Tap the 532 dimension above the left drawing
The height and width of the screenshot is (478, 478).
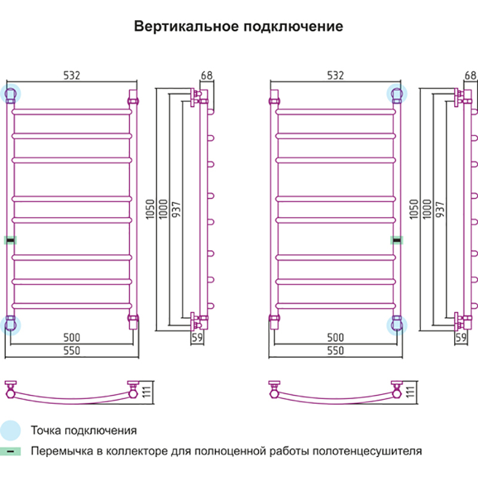pyautogui.click(x=71, y=75)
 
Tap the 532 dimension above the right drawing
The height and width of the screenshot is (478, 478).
pyautogui.click(x=335, y=75)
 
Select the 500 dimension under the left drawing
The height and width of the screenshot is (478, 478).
pyautogui.click(x=71, y=338)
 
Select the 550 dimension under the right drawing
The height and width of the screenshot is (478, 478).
pyautogui.click(x=335, y=351)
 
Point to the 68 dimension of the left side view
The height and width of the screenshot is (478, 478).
pyautogui.click(x=207, y=75)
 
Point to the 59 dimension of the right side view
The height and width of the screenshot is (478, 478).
pyautogui.click(x=461, y=338)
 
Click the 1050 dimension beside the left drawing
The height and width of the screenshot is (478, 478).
pyautogui.click(x=150, y=209)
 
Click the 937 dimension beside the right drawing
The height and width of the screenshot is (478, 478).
pyautogui.click(x=440, y=209)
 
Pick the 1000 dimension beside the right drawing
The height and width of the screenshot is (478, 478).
pyautogui.click(x=426, y=209)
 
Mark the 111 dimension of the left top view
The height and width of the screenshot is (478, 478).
pyautogui.click(x=145, y=392)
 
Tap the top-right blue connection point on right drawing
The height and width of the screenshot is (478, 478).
pyautogui.click(x=396, y=93)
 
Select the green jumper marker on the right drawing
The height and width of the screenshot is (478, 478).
pyautogui.click(x=396, y=240)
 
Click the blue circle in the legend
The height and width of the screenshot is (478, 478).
pyautogui.click(x=10, y=430)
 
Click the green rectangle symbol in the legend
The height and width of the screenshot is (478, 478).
pyautogui.click(x=10, y=451)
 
